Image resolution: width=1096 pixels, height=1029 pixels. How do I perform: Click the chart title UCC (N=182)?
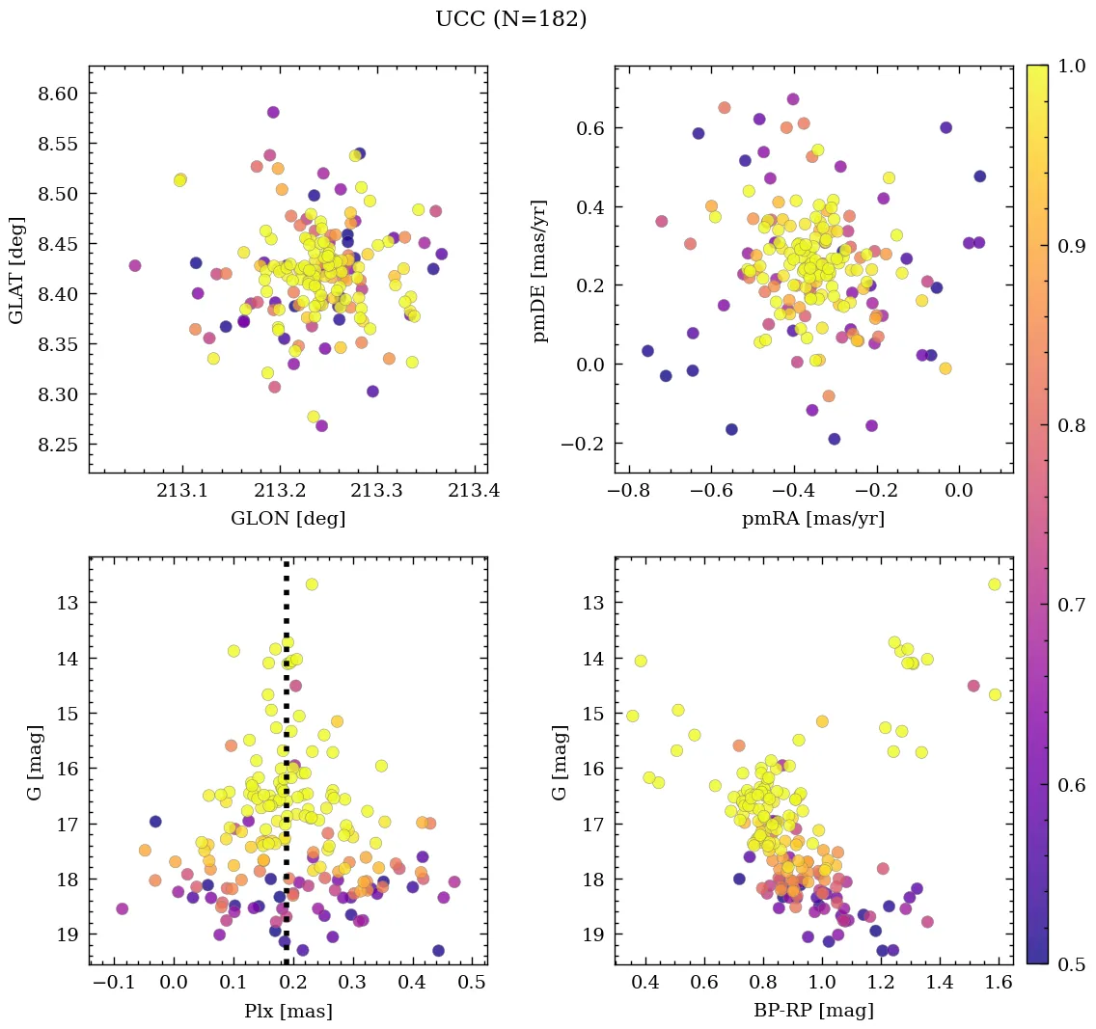point(510,19)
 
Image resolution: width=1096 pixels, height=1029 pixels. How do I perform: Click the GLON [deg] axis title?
point(288,519)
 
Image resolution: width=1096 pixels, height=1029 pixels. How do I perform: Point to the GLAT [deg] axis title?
point(16,269)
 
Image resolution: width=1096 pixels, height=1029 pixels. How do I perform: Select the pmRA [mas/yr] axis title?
point(812,519)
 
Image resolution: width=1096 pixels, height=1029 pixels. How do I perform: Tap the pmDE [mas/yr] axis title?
point(541,269)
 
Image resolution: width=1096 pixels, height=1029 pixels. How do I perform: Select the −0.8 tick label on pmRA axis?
point(627,492)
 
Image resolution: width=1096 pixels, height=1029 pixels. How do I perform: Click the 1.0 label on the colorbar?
point(1071,67)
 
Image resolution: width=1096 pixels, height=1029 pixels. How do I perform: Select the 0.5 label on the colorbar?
point(1071,964)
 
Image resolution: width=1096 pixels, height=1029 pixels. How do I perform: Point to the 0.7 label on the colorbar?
point(1071,606)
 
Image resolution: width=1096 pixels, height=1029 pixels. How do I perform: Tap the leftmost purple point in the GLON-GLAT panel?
point(134,265)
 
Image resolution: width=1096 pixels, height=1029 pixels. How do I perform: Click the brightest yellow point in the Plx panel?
point(312,584)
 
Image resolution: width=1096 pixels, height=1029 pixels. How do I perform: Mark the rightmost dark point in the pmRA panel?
point(980,176)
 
